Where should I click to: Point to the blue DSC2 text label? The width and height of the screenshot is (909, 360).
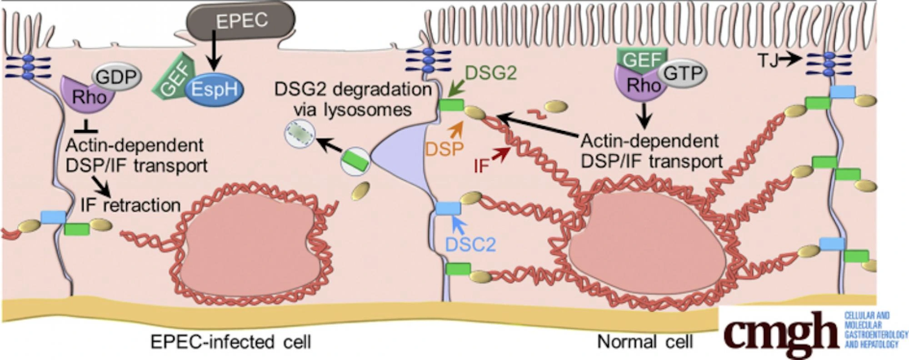[470, 245]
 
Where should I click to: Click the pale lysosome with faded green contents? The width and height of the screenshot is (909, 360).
[299, 135]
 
